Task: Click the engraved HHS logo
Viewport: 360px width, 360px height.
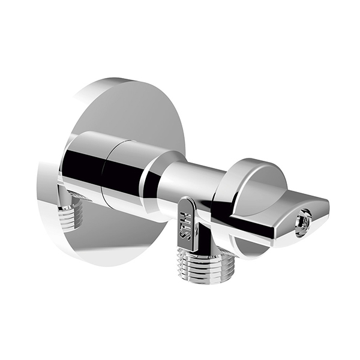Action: coord(186,219)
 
